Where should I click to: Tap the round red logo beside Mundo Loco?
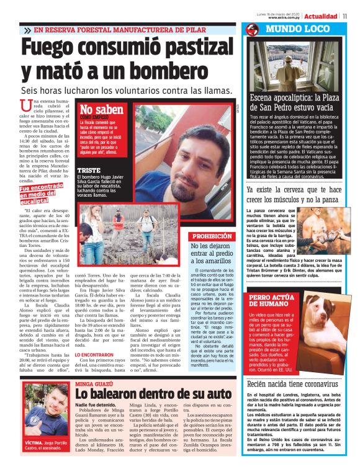click(x=251, y=30)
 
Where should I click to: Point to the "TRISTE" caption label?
click(x=89, y=170)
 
